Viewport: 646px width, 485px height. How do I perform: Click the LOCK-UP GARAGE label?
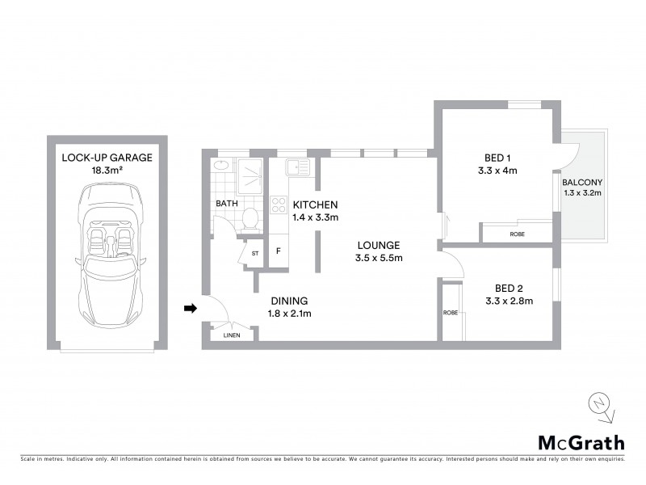click(x=107, y=157)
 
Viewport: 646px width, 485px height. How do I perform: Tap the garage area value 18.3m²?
click(x=107, y=171)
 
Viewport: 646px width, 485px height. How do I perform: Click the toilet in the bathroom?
click(x=250, y=217)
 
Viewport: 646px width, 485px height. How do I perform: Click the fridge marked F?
click(x=279, y=251)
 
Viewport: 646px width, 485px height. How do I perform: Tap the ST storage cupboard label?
click(x=255, y=253)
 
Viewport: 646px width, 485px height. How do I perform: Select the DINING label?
click(x=287, y=299)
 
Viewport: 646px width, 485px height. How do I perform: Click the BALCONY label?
click(x=581, y=182)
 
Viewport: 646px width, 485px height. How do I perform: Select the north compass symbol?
click(x=598, y=405)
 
